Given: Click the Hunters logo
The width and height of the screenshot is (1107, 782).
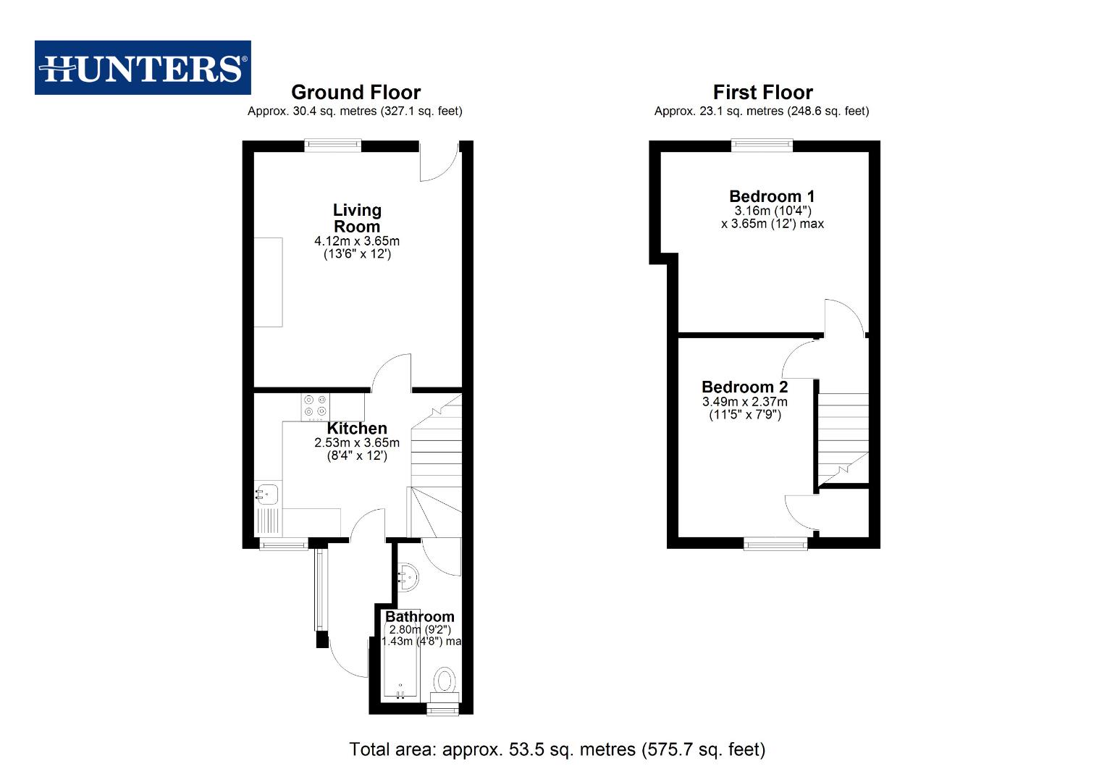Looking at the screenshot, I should click(143, 68).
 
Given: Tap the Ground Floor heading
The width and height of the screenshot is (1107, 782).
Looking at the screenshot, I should click(355, 93).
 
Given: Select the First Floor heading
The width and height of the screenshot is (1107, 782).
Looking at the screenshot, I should click(762, 93).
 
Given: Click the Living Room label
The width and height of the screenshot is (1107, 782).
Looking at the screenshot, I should click(356, 218).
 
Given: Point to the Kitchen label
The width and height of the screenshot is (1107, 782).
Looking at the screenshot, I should click(356, 429).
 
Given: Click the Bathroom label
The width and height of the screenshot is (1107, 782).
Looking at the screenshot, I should click(419, 616).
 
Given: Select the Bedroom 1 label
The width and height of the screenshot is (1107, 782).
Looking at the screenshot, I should click(772, 196).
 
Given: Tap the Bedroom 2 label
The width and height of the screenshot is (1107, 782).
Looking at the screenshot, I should click(744, 387).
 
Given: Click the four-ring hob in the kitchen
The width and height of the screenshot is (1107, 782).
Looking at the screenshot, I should click(315, 406).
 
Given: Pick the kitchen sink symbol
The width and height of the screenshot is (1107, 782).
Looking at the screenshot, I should click(267, 494).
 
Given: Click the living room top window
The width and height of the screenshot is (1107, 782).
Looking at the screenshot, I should click(332, 146).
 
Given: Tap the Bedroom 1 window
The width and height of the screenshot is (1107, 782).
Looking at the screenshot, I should click(762, 146).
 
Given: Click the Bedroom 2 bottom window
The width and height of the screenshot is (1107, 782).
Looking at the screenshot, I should click(775, 543).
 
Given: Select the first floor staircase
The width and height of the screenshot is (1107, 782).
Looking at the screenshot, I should click(843, 434).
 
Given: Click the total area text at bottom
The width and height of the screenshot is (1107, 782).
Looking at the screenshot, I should click(557, 749).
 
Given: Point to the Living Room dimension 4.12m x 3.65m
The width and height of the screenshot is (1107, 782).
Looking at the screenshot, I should click(356, 241).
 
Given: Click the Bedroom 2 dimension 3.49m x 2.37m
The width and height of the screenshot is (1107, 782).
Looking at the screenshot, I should click(744, 402).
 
